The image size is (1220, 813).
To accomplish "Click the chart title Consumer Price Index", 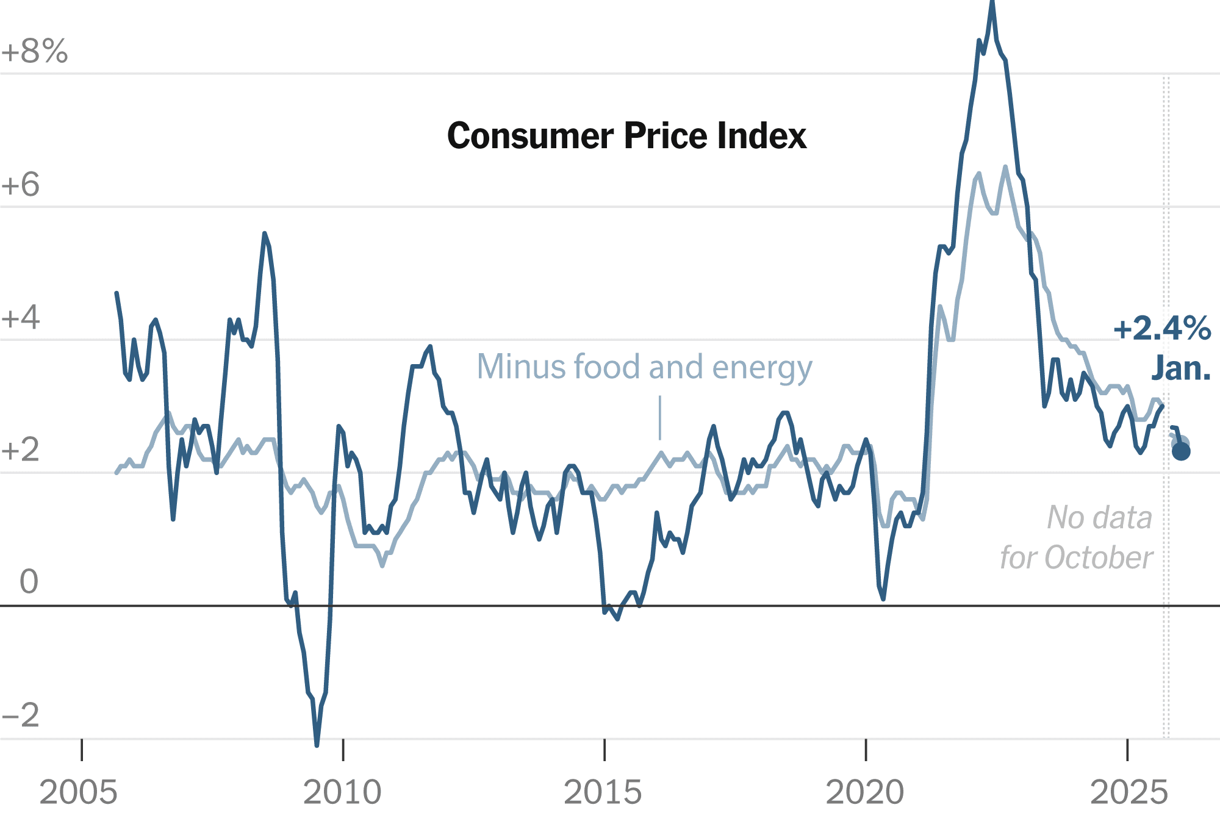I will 626,135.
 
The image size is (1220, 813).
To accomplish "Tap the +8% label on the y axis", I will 34,51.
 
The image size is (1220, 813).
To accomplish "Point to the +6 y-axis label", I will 21,184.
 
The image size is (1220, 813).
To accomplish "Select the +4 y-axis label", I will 21,318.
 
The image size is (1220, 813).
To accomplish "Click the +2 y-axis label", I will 21,450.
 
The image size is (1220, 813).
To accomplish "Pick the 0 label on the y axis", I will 29,581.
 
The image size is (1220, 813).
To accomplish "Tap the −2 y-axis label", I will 21,714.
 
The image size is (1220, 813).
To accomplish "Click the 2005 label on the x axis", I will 78,792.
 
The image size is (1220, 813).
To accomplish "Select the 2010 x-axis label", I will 342,792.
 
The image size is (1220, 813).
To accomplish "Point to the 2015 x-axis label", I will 603,792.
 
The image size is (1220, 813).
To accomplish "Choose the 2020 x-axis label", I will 864,792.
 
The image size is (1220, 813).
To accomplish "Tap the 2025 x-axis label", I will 1128,792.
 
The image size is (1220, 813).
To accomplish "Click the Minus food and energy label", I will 644,367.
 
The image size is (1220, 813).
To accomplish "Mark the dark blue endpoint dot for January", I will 1181,451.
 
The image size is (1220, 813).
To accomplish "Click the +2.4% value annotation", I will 1162,329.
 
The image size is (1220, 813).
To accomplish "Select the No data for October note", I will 1077,537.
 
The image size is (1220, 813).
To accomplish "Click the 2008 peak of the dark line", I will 264,234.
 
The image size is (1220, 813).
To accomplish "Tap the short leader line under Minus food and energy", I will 660,418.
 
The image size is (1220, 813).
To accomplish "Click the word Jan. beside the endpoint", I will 1181,369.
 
